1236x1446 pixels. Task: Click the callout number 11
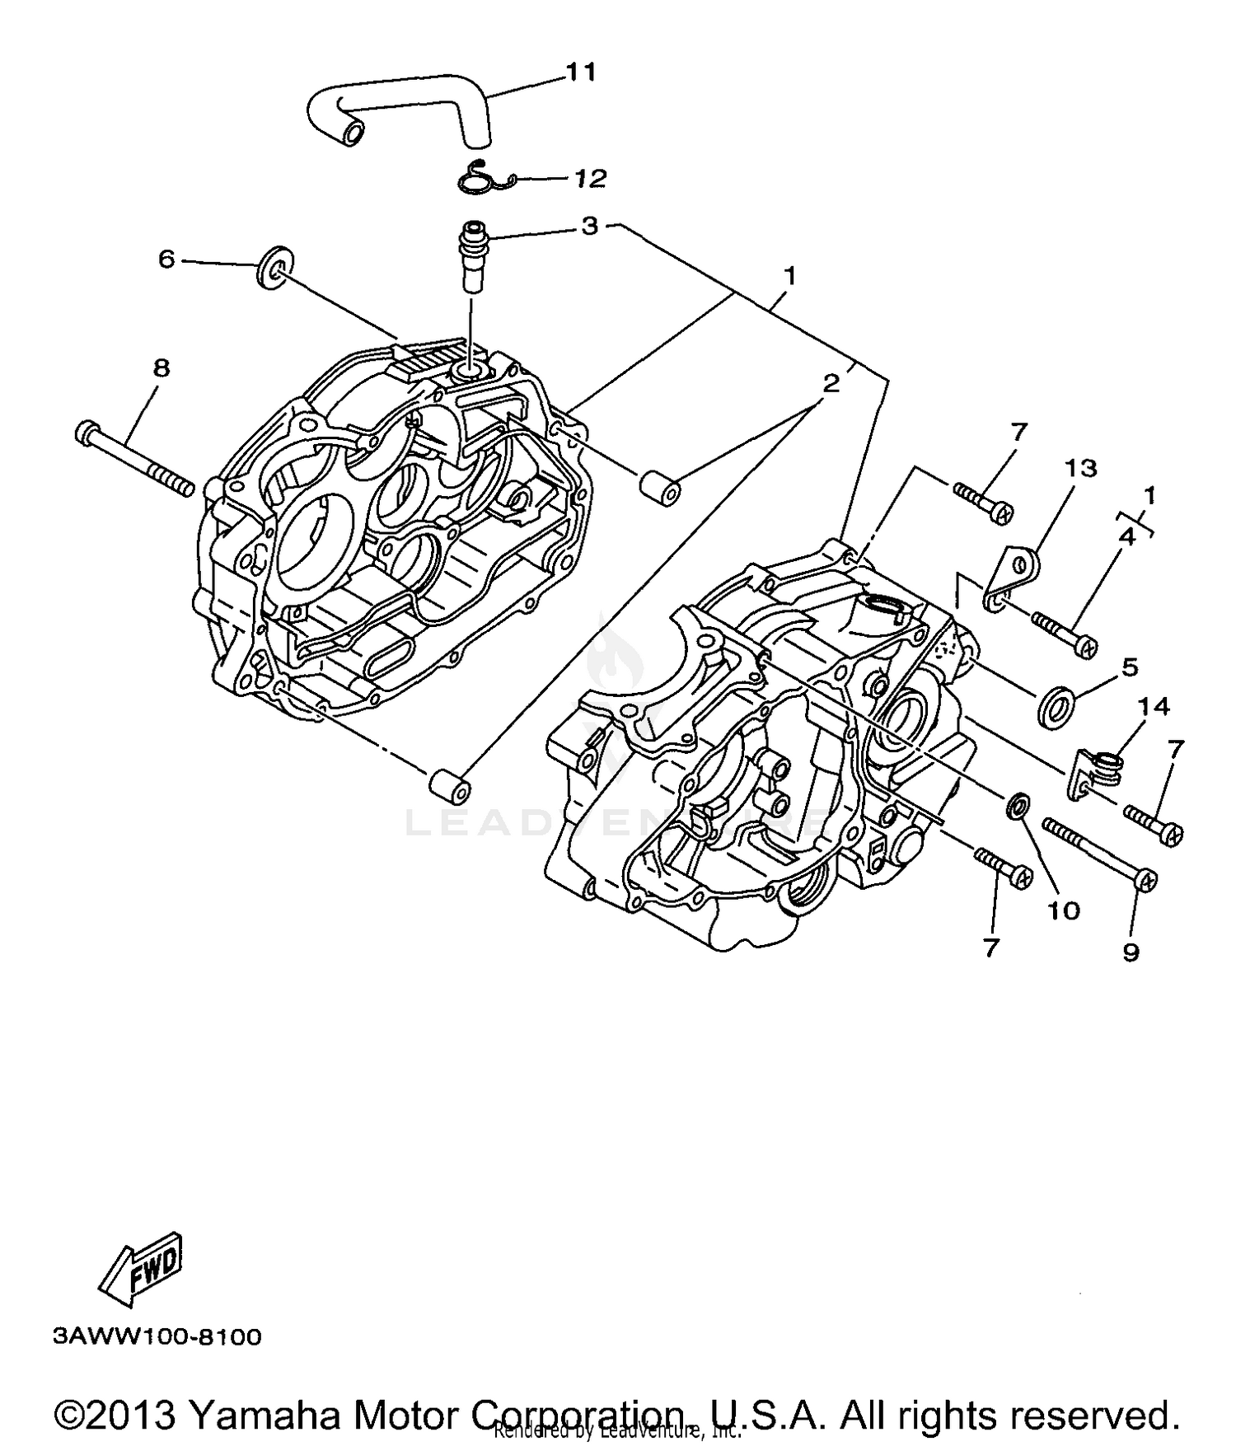pos(580,73)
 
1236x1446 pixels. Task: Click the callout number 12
pos(590,178)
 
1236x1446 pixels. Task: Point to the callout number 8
pos(161,367)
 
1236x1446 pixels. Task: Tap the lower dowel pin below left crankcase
pos(450,784)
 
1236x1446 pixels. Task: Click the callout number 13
pos(1080,468)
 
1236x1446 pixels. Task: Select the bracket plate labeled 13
pos(1014,577)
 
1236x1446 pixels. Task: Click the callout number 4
pos(1126,537)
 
